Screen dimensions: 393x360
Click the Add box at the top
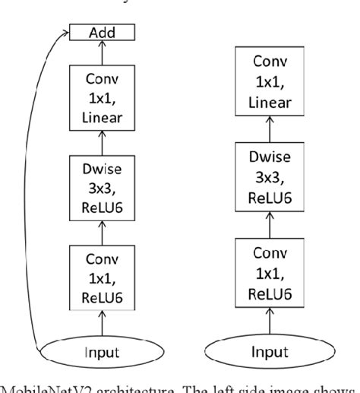(x=102, y=33)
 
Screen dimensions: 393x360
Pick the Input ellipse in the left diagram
(x=102, y=353)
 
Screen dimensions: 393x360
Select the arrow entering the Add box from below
(x=102, y=52)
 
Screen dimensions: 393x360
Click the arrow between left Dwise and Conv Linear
(x=102, y=141)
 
